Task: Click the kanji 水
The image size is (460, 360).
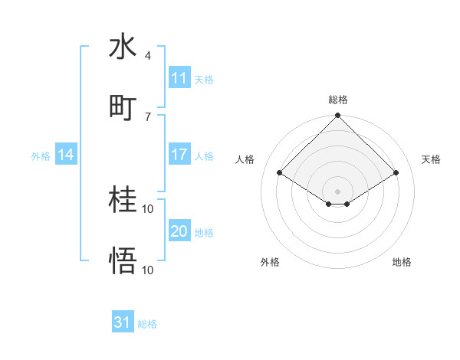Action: tap(123, 47)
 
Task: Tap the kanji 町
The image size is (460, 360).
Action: tap(123, 107)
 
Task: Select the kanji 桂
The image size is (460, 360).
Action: tap(123, 200)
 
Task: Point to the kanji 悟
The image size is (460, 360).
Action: tap(123, 261)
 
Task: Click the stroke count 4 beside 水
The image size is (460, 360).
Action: tap(147, 56)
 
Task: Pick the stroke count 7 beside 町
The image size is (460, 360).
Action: tap(147, 116)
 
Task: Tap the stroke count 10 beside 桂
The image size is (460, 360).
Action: tap(148, 208)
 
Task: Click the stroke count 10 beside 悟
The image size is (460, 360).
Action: tap(148, 270)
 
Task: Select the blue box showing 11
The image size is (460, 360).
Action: tap(179, 78)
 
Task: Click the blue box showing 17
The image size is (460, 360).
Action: tap(179, 155)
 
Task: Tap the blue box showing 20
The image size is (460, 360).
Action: tap(179, 231)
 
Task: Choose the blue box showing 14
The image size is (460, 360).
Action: tap(65, 155)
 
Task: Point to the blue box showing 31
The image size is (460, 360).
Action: tap(123, 322)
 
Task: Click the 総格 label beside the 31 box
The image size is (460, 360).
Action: tap(147, 324)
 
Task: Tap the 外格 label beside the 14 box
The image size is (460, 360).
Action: tap(41, 155)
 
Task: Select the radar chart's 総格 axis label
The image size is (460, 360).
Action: tap(337, 100)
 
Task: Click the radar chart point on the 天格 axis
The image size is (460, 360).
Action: tap(396, 172)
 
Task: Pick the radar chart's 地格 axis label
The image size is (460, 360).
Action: tap(402, 262)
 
